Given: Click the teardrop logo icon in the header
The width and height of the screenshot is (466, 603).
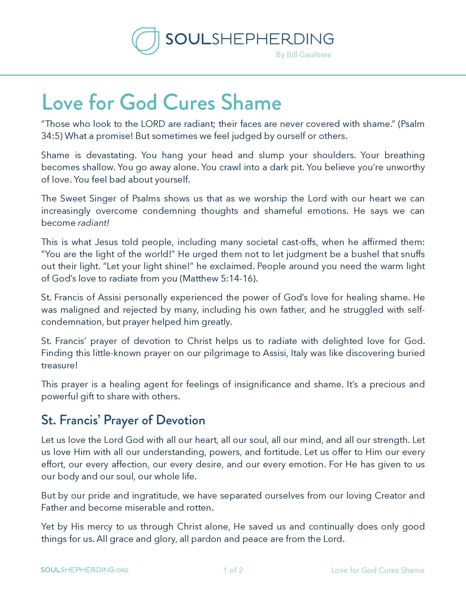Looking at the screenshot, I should [x=146, y=41].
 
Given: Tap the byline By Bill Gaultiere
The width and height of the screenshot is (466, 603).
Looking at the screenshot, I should [x=303, y=55].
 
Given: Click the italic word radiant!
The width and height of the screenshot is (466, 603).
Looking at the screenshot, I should [x=93, y=223].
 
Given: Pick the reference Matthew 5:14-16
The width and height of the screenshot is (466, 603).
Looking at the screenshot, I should [x=218, y=278].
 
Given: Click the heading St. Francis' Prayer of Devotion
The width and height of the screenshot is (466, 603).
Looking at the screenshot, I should [x=123, y=420].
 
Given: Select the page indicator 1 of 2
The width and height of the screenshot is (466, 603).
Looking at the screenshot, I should [x=233, y=570].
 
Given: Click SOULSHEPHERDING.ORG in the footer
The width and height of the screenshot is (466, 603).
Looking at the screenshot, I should [x=84, y=570].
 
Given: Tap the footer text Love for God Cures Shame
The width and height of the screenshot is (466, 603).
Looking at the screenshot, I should [x=378, y=570].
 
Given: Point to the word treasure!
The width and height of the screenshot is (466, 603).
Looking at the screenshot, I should [x=59, y=365].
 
